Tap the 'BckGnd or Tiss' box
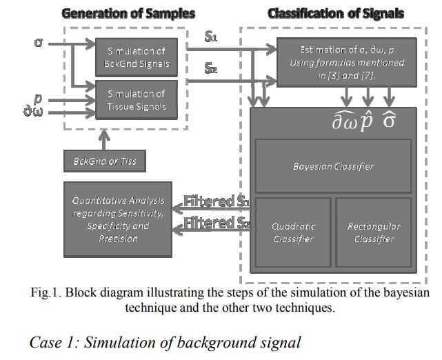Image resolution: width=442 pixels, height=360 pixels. pos(105,162)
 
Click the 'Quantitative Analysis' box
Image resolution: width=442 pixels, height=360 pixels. pos(119,219)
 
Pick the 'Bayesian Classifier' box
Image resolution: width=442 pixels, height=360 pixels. pos(333,166)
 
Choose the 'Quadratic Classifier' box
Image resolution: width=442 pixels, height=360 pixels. pos(293,232)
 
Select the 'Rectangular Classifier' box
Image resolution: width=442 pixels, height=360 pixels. pos(373,232)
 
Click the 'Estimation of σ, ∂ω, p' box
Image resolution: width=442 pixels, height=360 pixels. pos(337,63)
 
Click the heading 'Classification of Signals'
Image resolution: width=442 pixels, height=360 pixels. pos(335,13)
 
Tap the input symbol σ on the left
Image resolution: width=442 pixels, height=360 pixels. pos(39,43)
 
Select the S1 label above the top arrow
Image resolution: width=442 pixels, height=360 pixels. pos(212,37)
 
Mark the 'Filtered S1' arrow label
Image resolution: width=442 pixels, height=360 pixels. pos(215,203)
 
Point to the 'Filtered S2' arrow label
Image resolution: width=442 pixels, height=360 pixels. pos(215,222)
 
